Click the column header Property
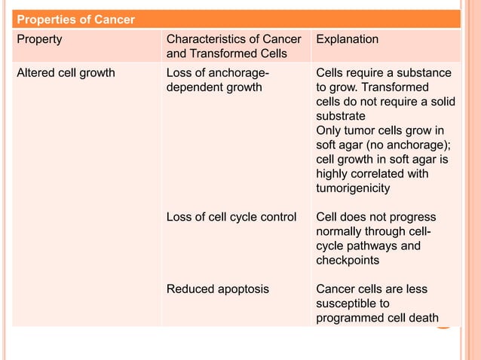[40, 39]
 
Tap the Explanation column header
[348, 39]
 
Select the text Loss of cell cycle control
[231, 217]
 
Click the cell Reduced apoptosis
[217, 288]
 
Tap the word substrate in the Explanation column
[341, 116]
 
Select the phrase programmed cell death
[377, 317]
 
